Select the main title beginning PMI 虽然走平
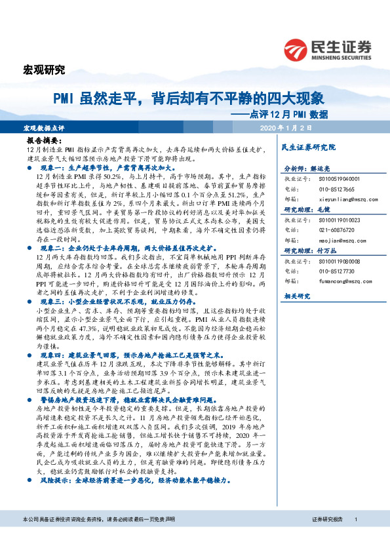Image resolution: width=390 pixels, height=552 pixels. coord(189,99)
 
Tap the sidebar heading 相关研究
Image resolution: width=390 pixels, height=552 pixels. coord(296,296)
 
